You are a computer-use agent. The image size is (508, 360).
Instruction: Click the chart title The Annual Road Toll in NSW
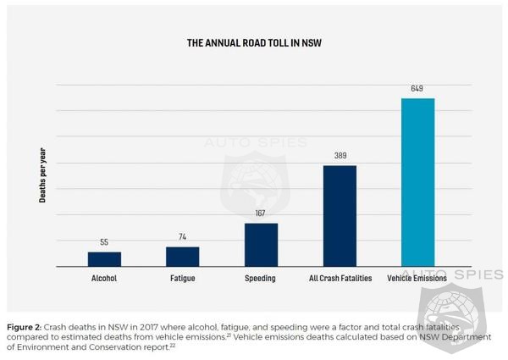254,42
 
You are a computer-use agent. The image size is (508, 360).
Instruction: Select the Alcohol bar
104,259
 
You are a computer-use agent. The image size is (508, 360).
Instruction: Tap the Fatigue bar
182,257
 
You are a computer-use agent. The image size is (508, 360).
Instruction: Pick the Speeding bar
261,245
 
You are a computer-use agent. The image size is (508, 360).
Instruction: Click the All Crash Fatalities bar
340,216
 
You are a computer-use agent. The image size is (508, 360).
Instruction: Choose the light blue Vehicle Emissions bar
417,182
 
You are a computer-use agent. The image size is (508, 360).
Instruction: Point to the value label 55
104,242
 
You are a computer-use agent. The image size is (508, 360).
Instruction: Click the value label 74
182,237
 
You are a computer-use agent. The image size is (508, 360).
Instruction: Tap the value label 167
261,213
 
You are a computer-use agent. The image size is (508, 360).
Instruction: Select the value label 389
340,156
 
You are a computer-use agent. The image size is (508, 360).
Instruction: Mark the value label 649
417,89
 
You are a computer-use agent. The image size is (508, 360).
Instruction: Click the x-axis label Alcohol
104,278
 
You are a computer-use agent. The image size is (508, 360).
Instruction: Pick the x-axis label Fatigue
182,278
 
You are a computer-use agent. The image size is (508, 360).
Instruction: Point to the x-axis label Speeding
261,278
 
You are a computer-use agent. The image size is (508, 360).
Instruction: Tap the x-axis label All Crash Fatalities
340,278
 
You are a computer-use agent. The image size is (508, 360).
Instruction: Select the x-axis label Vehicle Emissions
417,278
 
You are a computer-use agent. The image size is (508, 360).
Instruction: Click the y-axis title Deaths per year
42,176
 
